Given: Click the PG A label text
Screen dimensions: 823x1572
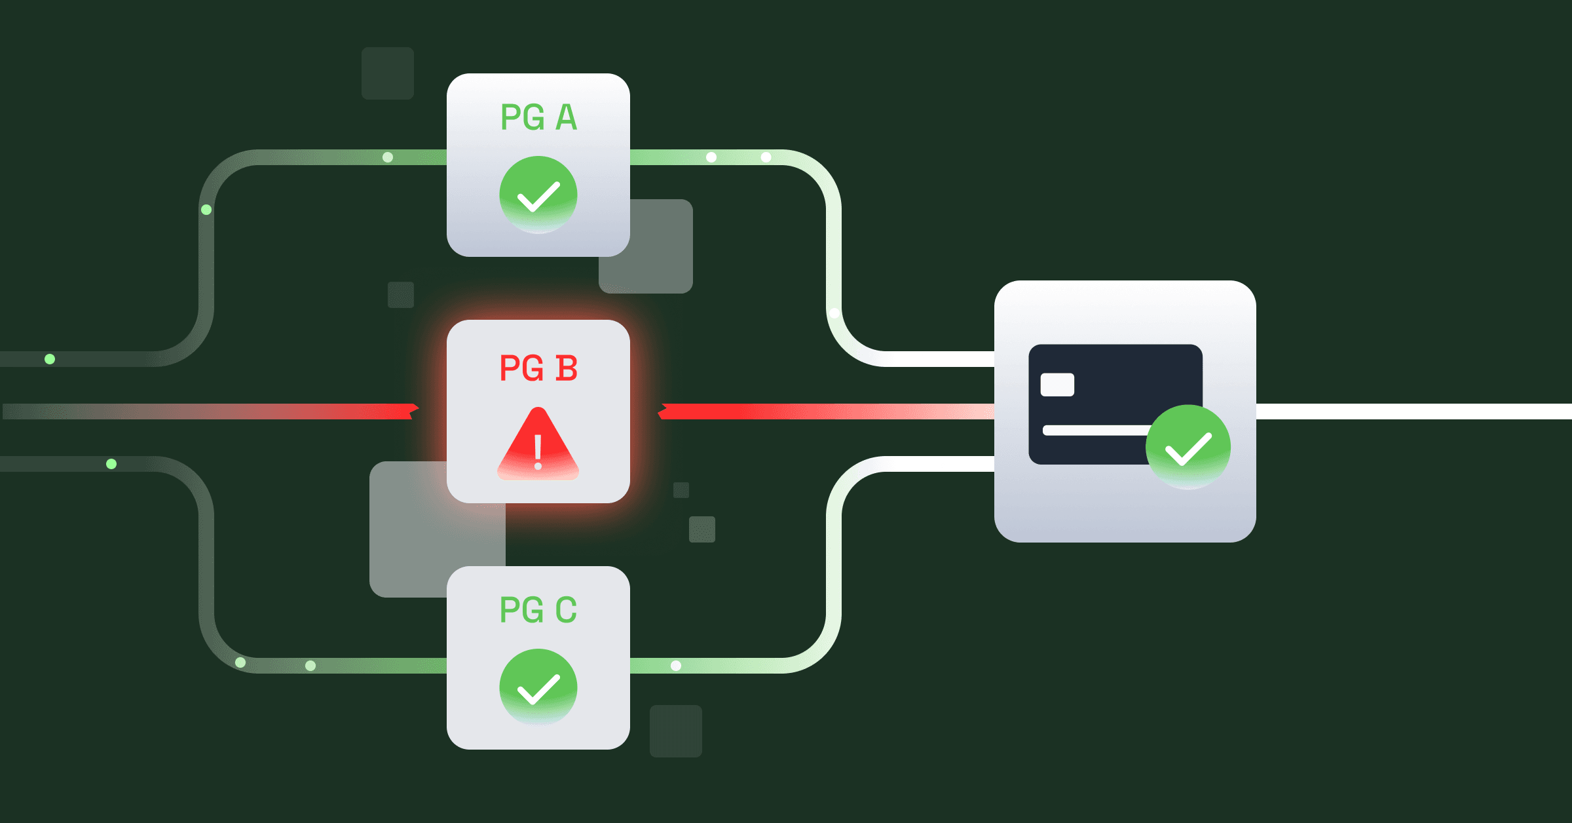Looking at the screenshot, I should pyautogui.click(x=538, y=118).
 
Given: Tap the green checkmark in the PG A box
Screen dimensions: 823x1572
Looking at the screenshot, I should pyautogui.click(x=538, y=195).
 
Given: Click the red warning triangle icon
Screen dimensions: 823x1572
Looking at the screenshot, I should pyautogui.click(x=538, y=446).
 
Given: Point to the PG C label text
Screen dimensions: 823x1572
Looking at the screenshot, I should pyautogui.click(x=538, y=610).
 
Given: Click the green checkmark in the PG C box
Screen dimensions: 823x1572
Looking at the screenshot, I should pyautogui.click(x=538, y=687).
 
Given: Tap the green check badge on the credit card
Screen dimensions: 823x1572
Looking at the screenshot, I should pyautogui.click(x=1188, y=448).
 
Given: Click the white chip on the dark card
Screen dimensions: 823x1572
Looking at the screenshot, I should pyautogui.click(x=1057, y=385).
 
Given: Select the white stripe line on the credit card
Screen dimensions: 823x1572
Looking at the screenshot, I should pyautogui.click(x=1094, y=431).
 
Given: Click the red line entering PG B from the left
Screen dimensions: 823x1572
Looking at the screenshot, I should pyautogui.click(x=262, y=412).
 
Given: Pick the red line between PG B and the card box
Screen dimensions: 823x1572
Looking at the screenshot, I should pyautogui.click(x=819, y=412).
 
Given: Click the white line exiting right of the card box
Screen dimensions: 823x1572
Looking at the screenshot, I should pyautogui.click(x=1408, y=412).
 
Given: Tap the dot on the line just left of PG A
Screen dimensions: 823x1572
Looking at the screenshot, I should pyautogui.click(x=388, y=157).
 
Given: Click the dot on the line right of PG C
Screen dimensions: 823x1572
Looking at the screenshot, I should pyautogui.click(x=676, y=666).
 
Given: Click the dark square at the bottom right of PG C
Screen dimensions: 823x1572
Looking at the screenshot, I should pyautogui.click(x=676, y=731).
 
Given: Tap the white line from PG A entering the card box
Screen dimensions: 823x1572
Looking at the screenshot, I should pyautogui.click(x=937, y=359).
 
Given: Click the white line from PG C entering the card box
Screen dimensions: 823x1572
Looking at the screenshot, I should pyautogui.click(x=937, y=464).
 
